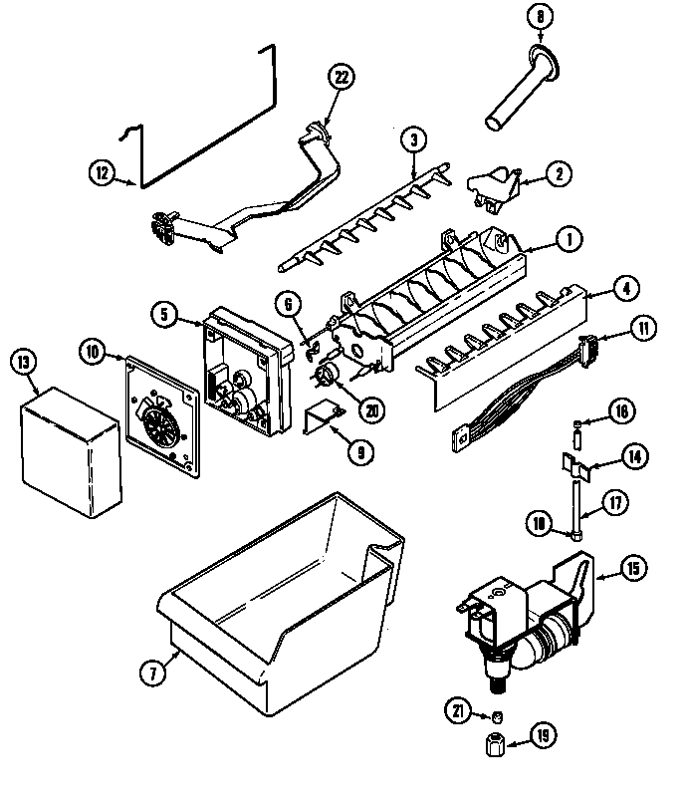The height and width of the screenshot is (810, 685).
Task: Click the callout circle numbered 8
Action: point(540,17)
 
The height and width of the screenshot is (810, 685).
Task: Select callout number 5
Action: point(164,314)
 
